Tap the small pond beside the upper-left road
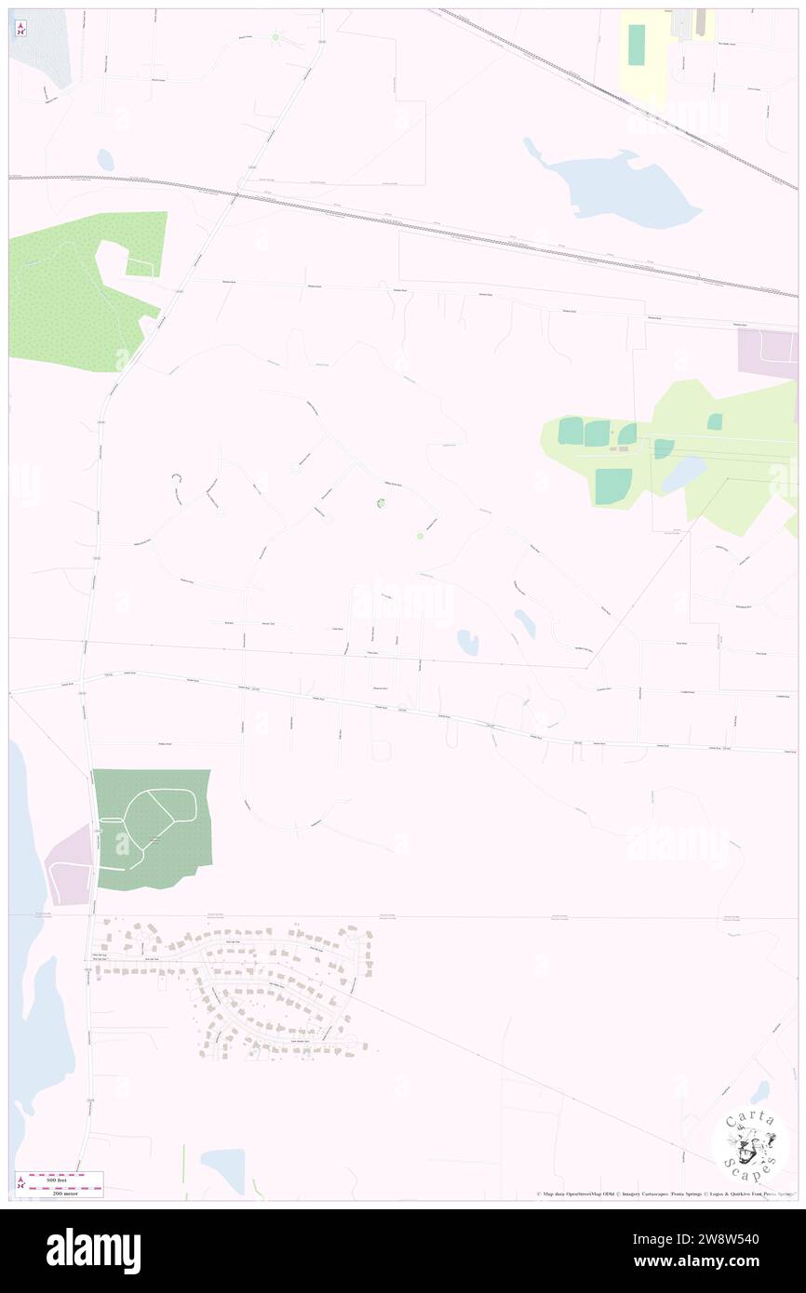105,160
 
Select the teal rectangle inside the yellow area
637,44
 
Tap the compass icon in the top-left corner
20,28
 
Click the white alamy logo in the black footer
93,1250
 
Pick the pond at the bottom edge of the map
223,1168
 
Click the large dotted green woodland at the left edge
74,293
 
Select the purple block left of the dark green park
70,865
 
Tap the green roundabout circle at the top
275,37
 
